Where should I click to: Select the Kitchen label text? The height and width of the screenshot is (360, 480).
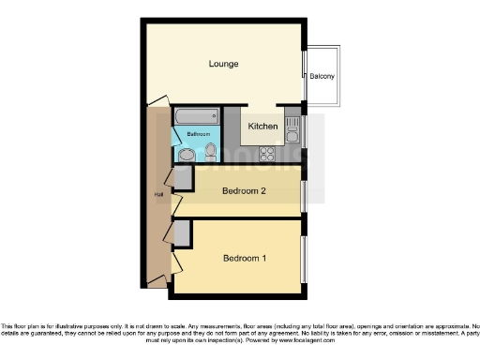[262, 127]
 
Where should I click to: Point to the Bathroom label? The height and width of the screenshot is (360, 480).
[197, 134]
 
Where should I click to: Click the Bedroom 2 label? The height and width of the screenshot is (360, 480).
[244, 193]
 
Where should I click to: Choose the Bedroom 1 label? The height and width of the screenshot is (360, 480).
[244, 258]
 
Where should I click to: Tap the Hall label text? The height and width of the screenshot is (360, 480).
[157, 194]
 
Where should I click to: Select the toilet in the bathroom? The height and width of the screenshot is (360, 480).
[209, 152]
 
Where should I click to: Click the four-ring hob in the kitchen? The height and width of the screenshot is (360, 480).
[265, 154]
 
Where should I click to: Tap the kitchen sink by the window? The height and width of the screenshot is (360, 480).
[292, 127]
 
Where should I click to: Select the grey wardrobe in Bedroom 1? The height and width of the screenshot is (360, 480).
[182, 233]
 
